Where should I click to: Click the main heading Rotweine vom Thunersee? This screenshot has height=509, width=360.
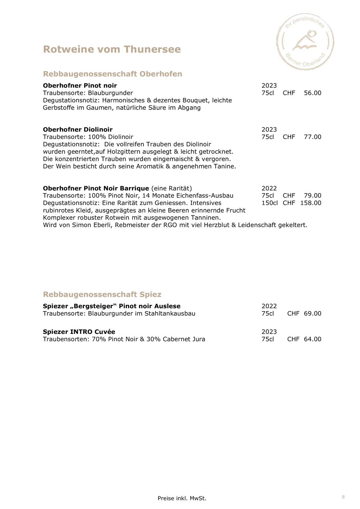point(112,49)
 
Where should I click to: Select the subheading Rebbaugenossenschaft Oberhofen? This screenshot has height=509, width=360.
point(113,74)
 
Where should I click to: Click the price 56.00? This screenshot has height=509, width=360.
point(312,93)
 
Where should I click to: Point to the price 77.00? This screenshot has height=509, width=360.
point(312,137)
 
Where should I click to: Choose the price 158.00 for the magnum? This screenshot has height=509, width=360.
point(311,203)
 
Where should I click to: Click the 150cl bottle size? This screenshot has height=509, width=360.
point(269,203)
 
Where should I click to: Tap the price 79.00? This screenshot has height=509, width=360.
point(312,196)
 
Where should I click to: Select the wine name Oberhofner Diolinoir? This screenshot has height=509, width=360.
point(78,130)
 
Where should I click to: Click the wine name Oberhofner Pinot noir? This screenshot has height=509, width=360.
point(80,86)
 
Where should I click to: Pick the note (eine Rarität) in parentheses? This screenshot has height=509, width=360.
point(171,188)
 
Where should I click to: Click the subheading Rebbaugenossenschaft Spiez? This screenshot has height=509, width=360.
point(102,294)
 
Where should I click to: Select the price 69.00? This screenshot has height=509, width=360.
point(312,313)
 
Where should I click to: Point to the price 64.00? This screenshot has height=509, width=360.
point(312,339)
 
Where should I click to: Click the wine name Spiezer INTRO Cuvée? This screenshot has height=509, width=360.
point(79,332)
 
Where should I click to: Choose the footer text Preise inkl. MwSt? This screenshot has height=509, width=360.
point(182,498)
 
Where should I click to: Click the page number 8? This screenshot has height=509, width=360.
point(343,497)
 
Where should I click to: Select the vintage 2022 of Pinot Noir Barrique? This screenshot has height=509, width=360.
point(269,188)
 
